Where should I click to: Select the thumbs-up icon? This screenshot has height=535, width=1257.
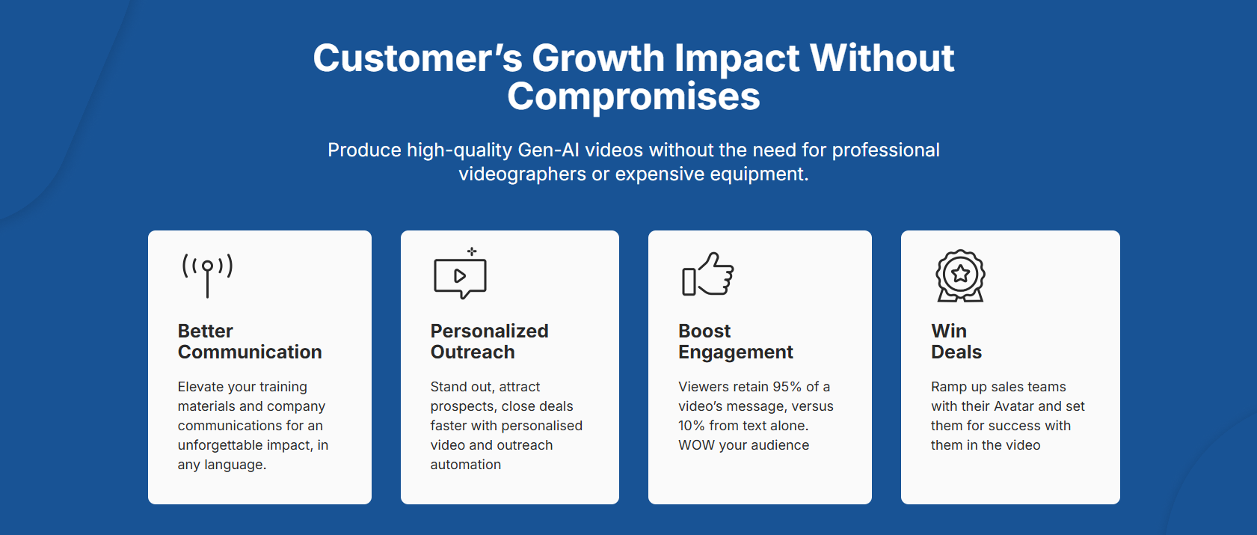tap(708, 274)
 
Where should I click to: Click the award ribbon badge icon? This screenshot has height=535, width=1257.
tap(960, 275)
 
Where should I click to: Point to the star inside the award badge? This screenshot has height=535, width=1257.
tap(961, 273)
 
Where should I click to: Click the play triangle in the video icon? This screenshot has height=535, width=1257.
tap(460, 275)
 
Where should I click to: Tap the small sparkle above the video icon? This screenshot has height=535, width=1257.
tap(472, 251)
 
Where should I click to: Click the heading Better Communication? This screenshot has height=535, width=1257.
tap(250, 341)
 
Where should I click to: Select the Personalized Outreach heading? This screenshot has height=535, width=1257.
tap(489, 341)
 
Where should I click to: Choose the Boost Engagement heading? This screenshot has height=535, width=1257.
tap(735, 341)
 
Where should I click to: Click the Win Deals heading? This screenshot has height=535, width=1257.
tap(956, 341)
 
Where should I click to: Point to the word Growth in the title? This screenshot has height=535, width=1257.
tap(598, 58)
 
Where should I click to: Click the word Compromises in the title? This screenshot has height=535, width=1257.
tap(633, 97)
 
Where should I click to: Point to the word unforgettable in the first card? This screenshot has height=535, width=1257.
tap(221, 445)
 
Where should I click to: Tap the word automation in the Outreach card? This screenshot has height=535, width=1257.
tap(466, 465)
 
